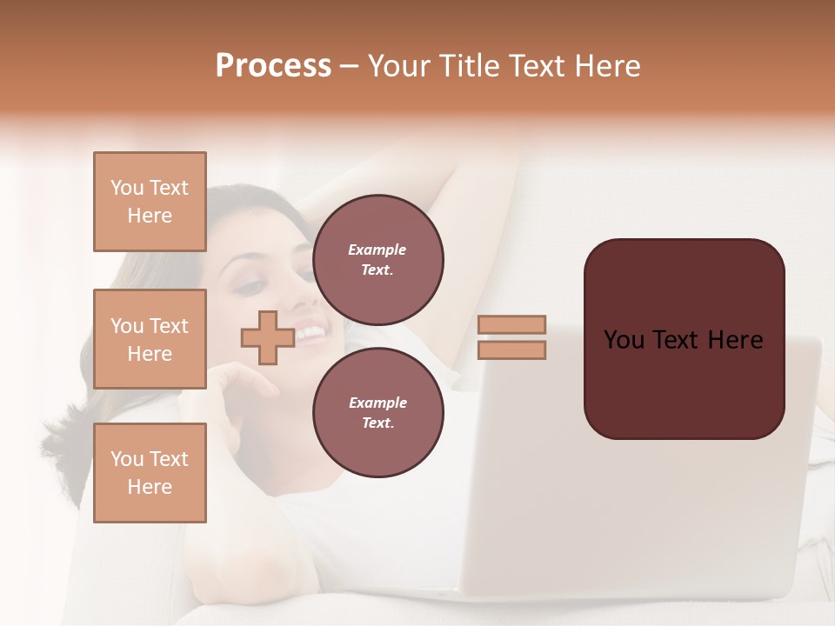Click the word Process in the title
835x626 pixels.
point(273,66)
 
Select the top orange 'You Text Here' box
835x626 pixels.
point(150,202)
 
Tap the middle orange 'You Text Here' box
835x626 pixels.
point(150,339)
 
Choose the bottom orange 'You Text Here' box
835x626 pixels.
point(150,472)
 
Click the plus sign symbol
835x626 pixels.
point(268,337)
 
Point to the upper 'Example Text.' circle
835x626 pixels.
point(377,259)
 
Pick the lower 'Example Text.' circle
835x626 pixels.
point(377,412)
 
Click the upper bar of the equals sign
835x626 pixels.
point(511,324)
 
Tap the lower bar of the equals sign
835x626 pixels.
point(511,350)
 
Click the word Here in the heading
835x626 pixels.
point(606,66)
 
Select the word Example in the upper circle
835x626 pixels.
point(377,250)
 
